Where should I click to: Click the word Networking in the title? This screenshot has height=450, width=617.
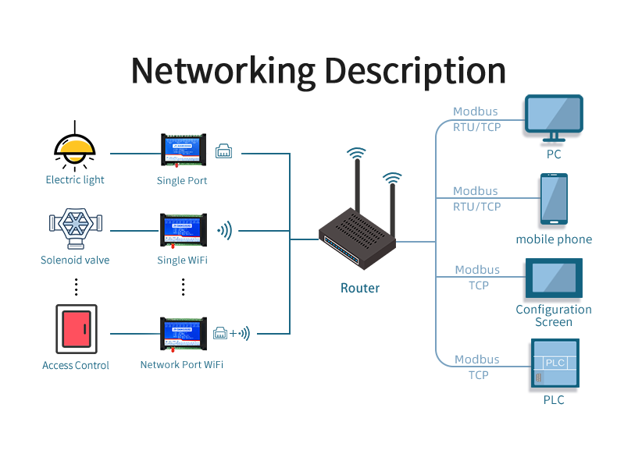pos(223,70)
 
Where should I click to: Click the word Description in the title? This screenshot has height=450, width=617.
pos(415,72)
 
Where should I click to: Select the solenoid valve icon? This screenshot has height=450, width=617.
pos(76,227)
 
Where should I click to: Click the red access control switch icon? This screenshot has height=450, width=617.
pos(76,328)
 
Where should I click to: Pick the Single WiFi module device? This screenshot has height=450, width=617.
pos(183,231)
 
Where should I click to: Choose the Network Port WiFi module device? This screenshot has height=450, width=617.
pos(183,334)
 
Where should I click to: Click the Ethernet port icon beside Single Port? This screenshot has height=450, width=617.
pos(224,151)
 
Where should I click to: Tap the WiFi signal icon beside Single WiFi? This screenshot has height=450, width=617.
pos(225,230)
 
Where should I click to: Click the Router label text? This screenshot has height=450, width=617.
pos(360,289)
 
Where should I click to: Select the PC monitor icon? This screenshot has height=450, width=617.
pos(554,117)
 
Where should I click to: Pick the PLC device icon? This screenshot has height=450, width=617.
pos(555,363)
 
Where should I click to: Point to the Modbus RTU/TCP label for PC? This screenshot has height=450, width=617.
pos(476,119)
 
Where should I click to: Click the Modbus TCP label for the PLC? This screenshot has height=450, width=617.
pos(477,367)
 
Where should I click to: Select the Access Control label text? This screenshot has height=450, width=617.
pos(76,366)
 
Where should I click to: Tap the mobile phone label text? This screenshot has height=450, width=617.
pos(554,239)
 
